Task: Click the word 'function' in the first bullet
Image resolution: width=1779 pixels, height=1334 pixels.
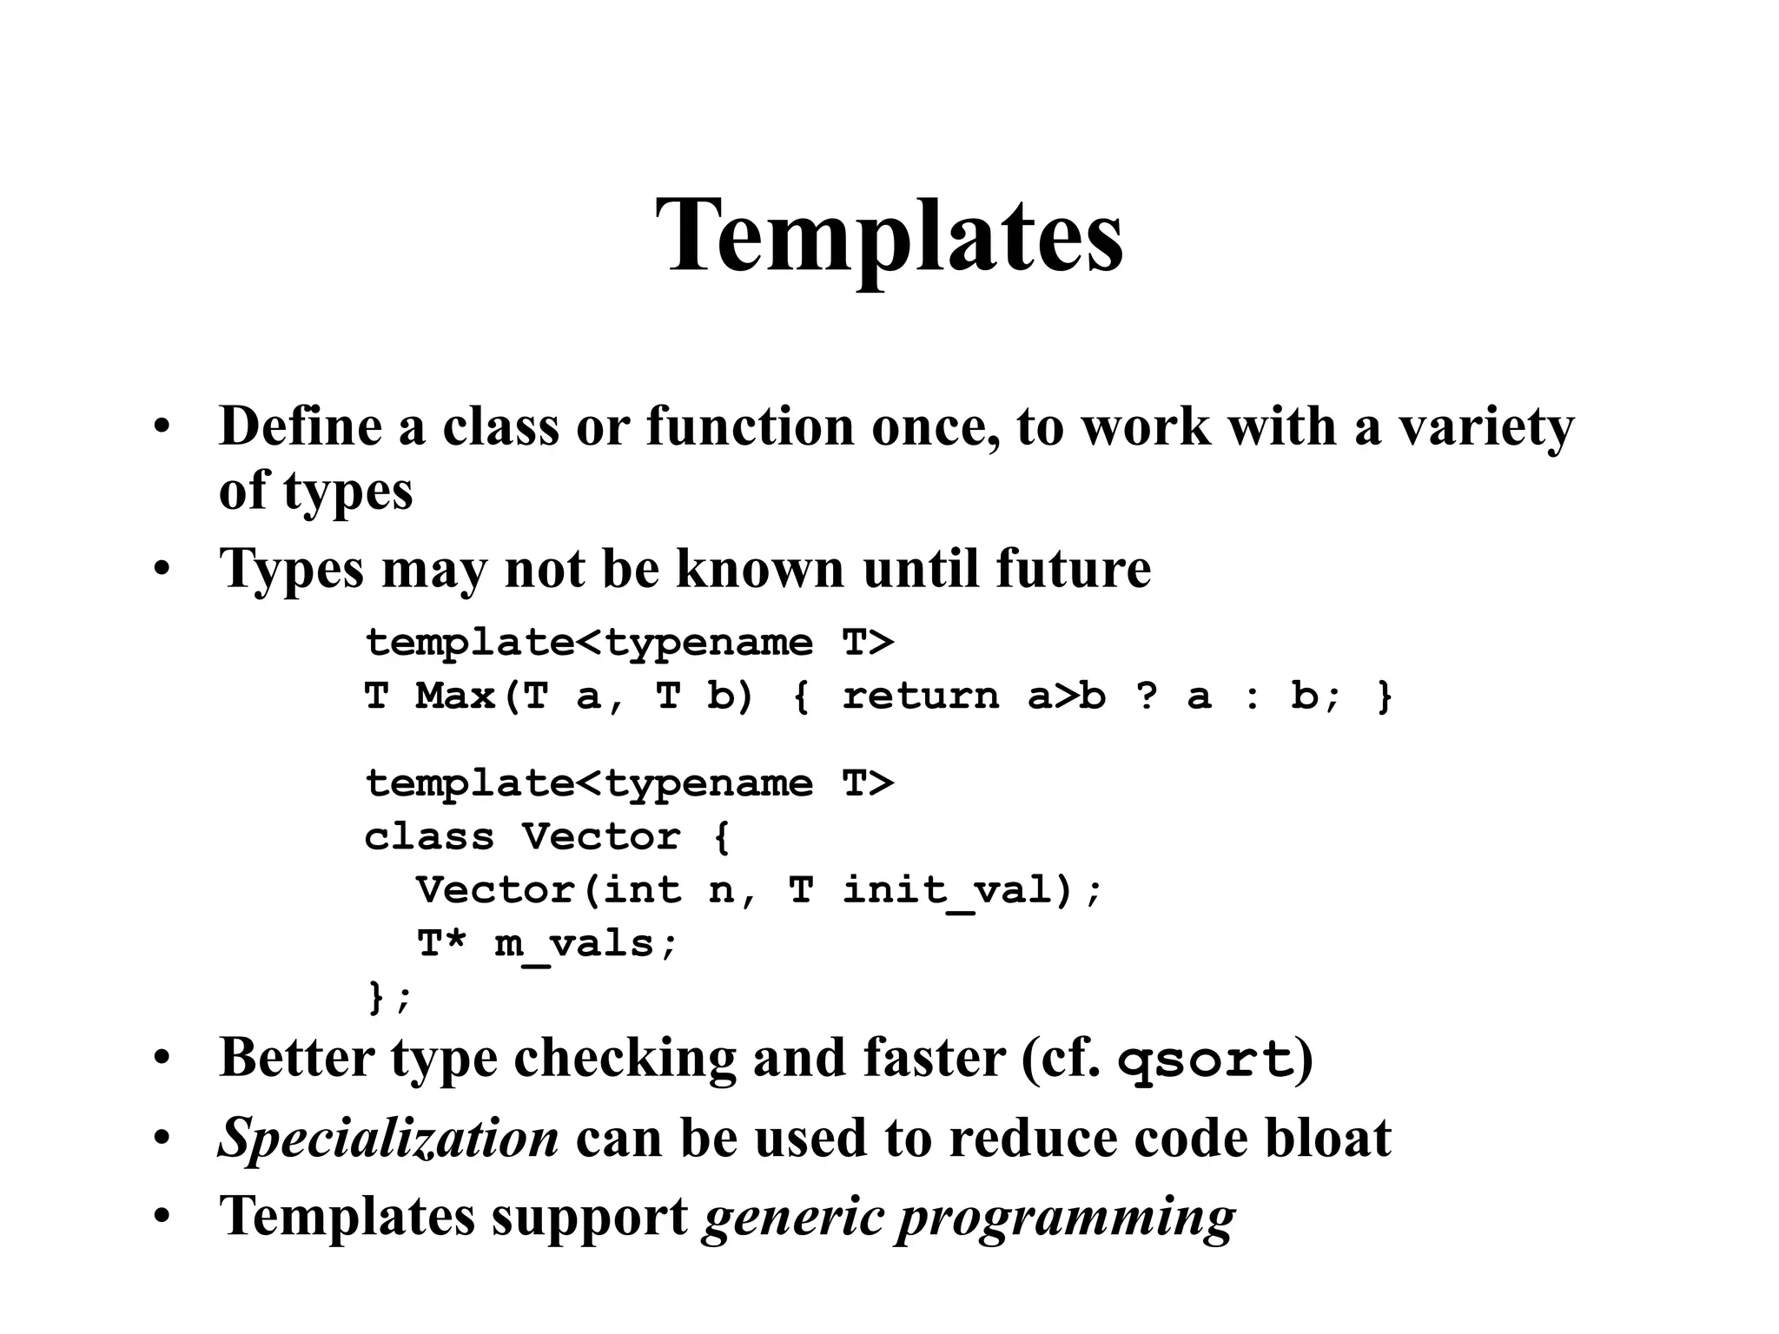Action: point(750,426)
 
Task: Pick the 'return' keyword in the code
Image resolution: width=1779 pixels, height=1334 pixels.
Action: point(920,697)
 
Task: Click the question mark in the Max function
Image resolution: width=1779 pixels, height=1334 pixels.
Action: point(1146,697)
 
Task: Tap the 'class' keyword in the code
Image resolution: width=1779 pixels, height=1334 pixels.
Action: point(428,837)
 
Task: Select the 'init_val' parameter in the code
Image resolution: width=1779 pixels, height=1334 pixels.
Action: point(948,891)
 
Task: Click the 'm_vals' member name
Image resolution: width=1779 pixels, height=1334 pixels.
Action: point(574,944)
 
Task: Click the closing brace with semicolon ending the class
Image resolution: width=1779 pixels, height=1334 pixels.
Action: point(388,997)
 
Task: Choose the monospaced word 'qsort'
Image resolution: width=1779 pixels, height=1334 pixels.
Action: point(1205,1060)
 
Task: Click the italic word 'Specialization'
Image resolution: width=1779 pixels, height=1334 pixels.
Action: point(388,1139)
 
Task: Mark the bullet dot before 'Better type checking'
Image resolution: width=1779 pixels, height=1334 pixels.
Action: point(162,1060)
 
